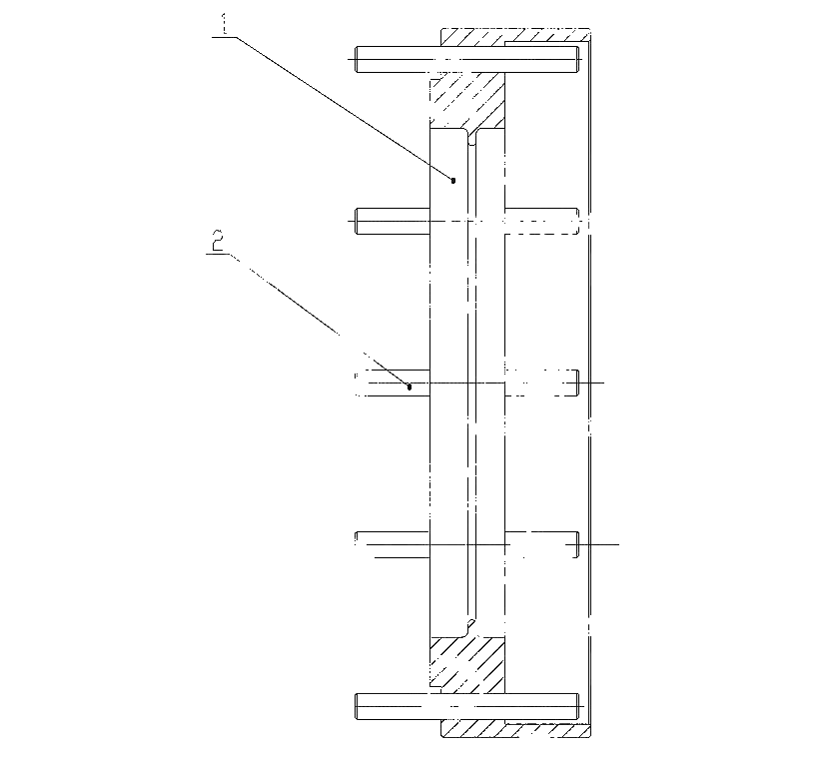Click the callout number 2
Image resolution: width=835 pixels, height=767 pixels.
219,241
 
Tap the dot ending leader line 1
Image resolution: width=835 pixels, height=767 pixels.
453,181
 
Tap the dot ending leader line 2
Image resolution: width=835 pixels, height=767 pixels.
409,386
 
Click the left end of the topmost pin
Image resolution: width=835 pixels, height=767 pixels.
356,59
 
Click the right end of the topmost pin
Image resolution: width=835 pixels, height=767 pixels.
578,59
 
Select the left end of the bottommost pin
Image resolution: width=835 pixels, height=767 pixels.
356,706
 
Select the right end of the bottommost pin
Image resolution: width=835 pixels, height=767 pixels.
578,706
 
